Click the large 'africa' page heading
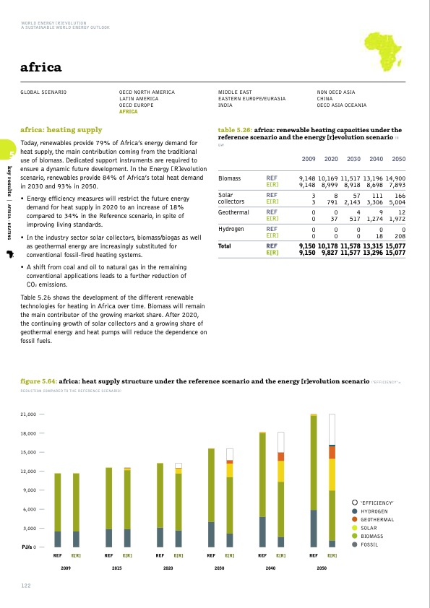[41, 68]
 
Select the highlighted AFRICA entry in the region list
[128, 112]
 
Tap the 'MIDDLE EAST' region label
[235, 92]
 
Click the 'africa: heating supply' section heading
[61, 130]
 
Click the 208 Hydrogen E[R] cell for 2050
[400, 235]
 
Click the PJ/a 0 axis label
[27, 547]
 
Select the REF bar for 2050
[314, 481]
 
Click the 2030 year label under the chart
[218, 569]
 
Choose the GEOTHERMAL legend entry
[377, 519]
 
